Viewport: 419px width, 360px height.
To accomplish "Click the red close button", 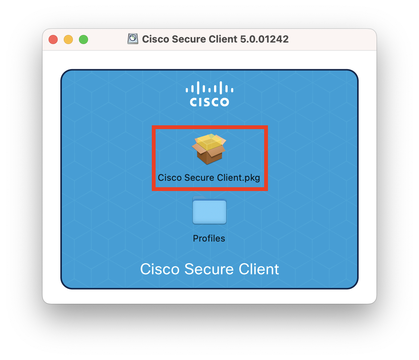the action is [53, 39].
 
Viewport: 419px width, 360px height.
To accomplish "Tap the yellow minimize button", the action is [68, 39].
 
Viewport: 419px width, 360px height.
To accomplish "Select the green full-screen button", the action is [83, 39].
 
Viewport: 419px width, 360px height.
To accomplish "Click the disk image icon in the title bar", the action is [133, 39].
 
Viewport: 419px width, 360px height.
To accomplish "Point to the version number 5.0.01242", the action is [264, 39].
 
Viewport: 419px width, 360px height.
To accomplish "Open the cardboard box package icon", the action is [209, 149].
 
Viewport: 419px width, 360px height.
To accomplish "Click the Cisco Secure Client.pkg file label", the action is [209, 178].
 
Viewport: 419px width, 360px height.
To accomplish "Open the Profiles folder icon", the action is [209, 210].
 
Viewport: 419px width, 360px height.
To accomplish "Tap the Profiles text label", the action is [209, 238].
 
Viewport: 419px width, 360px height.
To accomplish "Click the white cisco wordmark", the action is [209, 102].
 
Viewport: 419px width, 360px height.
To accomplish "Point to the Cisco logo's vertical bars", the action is [209, 88].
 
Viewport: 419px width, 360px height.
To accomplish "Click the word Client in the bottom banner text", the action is [259, 269].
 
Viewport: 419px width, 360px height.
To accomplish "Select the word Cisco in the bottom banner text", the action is [160, 269].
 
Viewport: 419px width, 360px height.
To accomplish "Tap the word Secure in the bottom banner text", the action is [209, 269].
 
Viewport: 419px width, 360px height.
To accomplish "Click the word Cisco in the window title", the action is [156, 39].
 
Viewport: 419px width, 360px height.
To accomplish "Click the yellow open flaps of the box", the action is [209, 142].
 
